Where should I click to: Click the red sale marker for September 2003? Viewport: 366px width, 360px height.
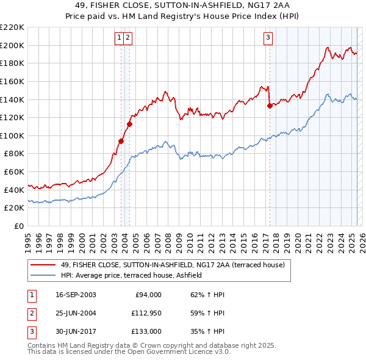(121, 141)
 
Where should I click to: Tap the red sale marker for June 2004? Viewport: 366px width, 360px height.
(129, 124)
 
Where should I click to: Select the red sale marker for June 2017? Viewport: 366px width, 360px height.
(270, 106)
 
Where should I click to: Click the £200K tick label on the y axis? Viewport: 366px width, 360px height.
(12, 45)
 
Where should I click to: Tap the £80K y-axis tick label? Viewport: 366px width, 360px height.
(14, 154)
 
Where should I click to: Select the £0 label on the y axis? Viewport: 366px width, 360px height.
(19, 226)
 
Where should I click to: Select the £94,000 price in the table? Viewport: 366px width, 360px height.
(148, 295)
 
